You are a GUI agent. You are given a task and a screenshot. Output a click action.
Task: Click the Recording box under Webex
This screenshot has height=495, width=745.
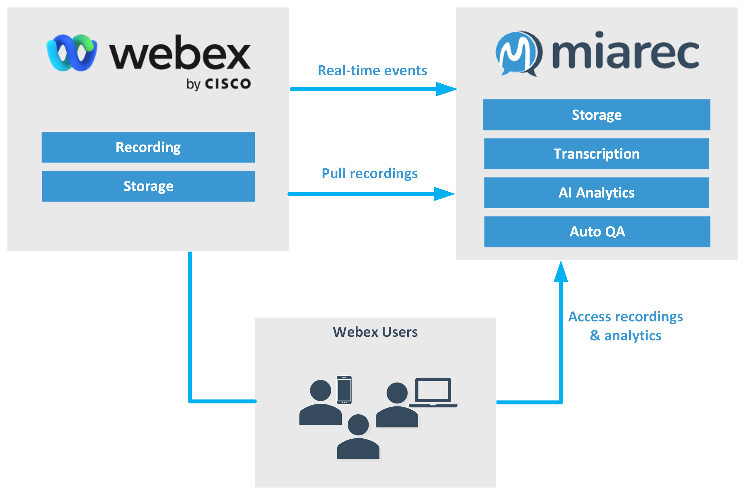[x=148, y=147]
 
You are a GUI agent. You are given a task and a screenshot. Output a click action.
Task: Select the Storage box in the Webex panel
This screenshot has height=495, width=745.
[x=148, y=186]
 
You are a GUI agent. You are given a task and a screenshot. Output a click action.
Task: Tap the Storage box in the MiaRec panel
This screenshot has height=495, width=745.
[x=597, y=115]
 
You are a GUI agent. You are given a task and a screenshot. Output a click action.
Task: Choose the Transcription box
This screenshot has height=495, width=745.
[x=597, y=154]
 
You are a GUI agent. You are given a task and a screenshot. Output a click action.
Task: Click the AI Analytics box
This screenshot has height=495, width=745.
[x=597, y=193]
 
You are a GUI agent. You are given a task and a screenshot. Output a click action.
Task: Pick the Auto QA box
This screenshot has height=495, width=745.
[x=597, y=231]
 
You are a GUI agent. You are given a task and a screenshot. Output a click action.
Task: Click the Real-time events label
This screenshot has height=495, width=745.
[x=372, y=70]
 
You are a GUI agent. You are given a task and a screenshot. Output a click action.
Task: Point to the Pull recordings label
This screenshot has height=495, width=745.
[x=370, y=173]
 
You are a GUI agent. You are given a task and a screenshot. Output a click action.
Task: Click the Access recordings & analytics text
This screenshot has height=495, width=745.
[x=625, y=326]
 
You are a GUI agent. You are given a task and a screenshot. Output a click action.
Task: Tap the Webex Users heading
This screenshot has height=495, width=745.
[x=375, y=332]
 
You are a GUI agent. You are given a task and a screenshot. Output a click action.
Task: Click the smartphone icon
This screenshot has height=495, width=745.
[x=344, y=389]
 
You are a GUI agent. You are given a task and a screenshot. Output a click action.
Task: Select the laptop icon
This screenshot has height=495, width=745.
[x=433, y=392]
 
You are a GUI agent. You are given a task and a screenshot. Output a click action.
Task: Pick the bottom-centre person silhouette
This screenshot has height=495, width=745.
[x=358, y=438]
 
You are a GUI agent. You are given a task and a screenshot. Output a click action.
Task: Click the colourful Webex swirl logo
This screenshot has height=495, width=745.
[x=72, y=53]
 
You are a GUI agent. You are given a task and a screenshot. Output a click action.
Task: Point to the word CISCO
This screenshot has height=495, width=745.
[x=228, y=84]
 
